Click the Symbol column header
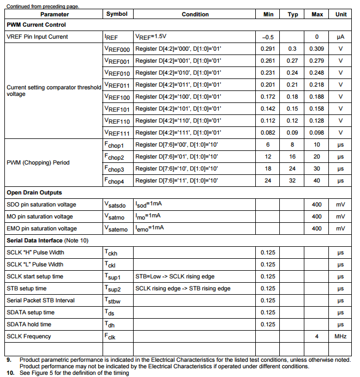(x=117, y=14)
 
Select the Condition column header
(x=195, y=14)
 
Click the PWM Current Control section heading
(x=36, y=25)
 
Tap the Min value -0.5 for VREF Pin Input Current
(x=268, y=37)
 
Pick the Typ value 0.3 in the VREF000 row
(x=292, y=49)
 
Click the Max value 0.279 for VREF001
(x=317, y=61)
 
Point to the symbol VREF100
(x=117, y=97)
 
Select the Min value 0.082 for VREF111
(x=268, y=133)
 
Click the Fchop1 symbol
(x=115, y=145)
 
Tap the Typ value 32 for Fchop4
(x=292, y=181)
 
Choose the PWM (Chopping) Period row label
(x=38, y=162)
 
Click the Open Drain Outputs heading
(x=34, y=193)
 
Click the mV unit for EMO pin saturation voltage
(x=340, y=229)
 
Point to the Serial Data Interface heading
(x=47, y=241)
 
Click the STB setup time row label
(x=26, y=289)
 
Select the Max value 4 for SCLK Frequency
(x=317, y=337)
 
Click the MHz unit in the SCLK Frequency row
(x=340, y=337)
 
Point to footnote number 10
(x=10, y=373)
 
